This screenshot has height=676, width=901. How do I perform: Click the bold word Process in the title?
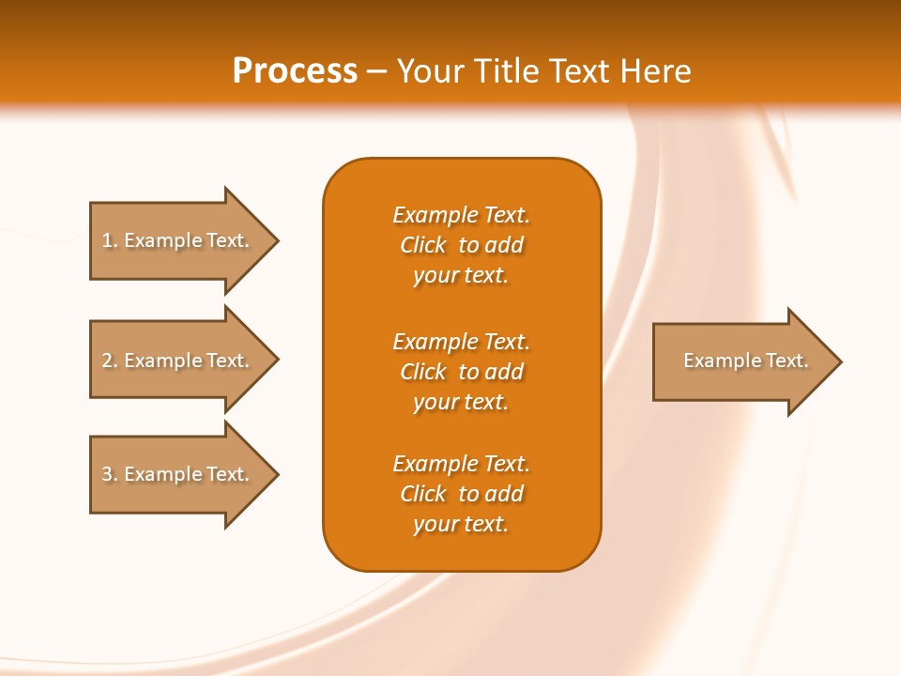[295, 71]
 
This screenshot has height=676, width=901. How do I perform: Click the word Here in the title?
[655, 71]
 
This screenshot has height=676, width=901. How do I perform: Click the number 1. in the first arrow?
[110, 240]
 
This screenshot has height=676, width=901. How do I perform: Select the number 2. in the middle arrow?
[110, 361]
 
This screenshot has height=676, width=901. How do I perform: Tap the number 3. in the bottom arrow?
[110, 474]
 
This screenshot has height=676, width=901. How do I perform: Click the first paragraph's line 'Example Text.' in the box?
[461, 215]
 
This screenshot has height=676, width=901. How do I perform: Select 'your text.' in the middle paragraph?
[461, 402]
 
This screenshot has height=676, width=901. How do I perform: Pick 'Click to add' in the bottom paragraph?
[461, 494]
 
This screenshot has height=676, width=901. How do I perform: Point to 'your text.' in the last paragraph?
[461, 524]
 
